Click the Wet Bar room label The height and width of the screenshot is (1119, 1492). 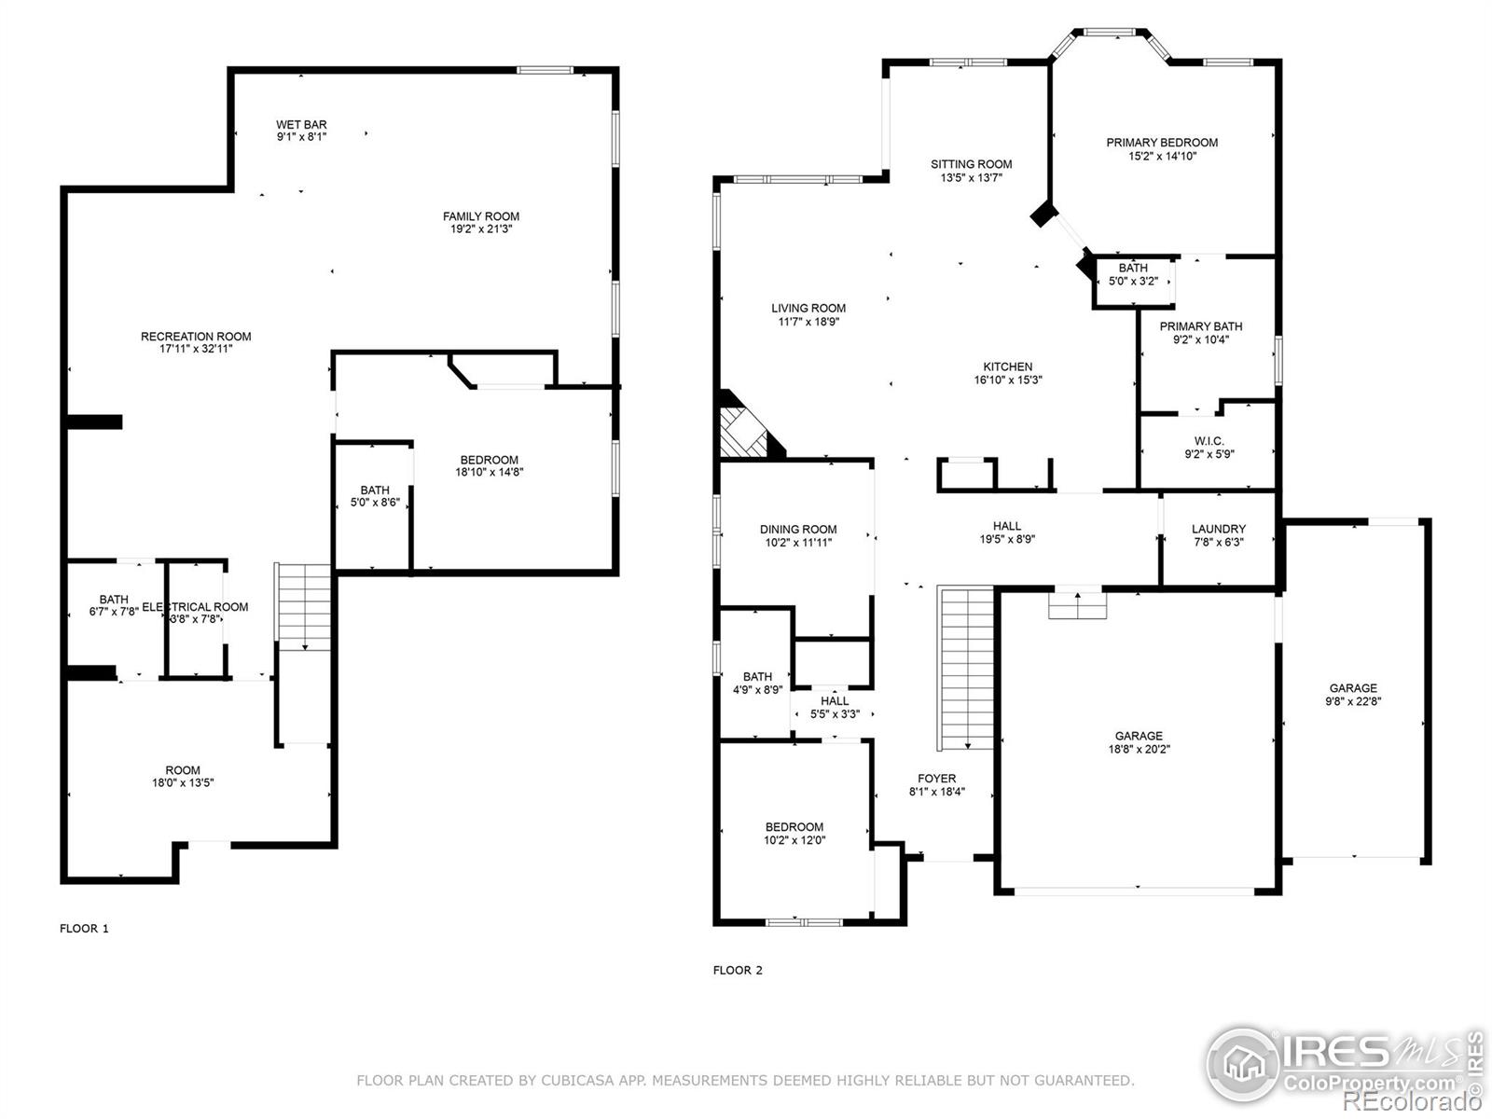pyautogui.click(x=301, y=124)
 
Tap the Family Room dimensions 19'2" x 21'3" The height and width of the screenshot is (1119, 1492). pyautogui.click(x=480, y=228)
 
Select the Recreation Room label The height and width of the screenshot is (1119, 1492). pyautogui.click(x=196, y=337)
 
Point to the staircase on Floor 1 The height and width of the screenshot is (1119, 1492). pyautogui.click(x=304, y=606)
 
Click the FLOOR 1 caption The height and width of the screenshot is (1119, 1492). pyautogui.click(x=84, y=928)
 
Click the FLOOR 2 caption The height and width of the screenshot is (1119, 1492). pyautogui.click(x=738, y=970)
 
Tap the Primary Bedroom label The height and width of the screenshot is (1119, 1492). pyautogui.click(x=1161, y=143)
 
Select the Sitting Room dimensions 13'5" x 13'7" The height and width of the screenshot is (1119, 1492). pyautogui.click(x=971, y=177)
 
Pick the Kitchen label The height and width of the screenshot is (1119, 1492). pyautogui.click(x=1007, y=366)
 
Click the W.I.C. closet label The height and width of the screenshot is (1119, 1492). pyautogui.click(x=1209, y=441)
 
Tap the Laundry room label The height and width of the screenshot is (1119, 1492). pyautogui.click(x=1218, y=529)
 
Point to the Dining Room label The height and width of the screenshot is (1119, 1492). pyautogui.click(x=797, y=529)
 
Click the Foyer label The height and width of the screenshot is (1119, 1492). pyautogui.click(x=936, y=779)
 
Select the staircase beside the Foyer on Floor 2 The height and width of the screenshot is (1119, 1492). pyautogui.click(x=967, y=667)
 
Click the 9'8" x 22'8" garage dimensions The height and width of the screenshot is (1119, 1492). pyautogui.click(x=1353, y=701)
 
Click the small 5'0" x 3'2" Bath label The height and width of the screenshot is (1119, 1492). pyautogui.click(x=1133, y=268)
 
